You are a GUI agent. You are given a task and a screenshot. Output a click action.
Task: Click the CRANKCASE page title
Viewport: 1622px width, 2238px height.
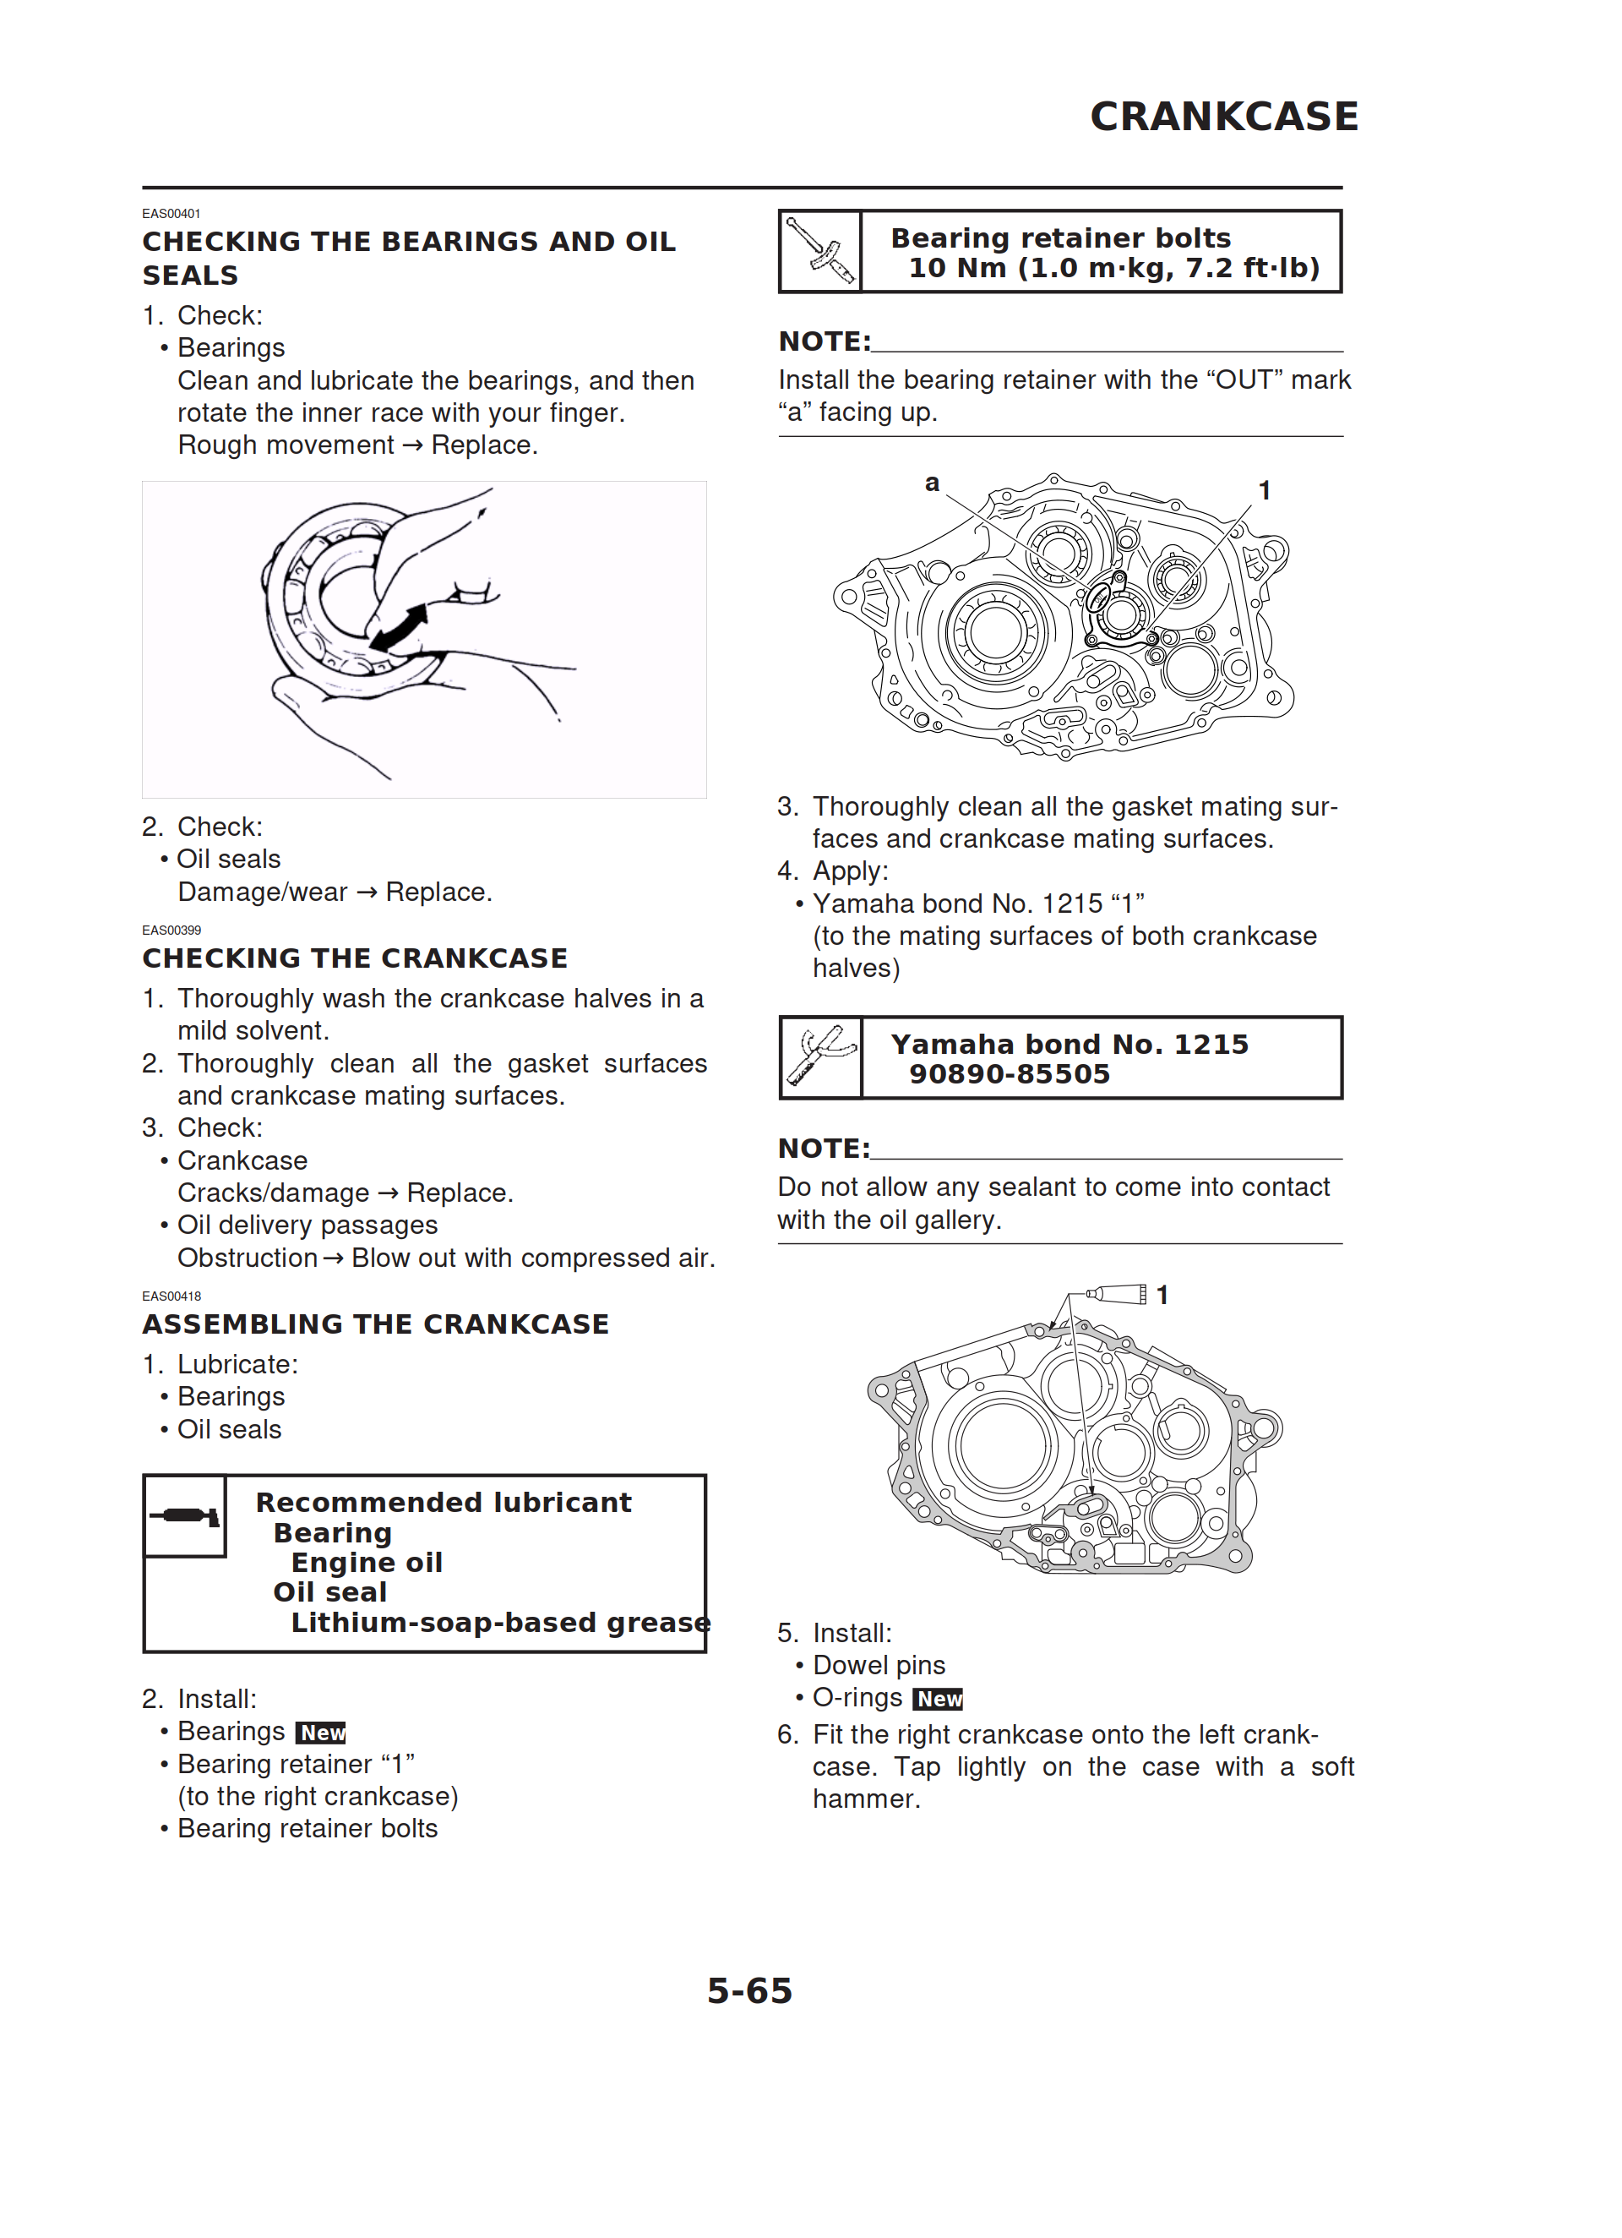pos(1223,117)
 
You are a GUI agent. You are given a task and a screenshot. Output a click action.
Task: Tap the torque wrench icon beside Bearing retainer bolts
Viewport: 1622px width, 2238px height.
pos(820,252)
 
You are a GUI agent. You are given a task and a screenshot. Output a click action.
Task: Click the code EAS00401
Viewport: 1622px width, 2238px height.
pos(171,213)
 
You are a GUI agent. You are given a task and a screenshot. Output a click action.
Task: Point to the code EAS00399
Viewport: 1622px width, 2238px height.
pos(171,930)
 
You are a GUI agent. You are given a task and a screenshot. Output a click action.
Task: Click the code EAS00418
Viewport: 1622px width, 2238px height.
pos(171,1296)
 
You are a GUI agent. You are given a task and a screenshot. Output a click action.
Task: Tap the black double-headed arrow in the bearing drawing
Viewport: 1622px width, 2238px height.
pos(400,629)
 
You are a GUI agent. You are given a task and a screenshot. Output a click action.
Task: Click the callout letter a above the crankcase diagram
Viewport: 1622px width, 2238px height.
pos(931,483)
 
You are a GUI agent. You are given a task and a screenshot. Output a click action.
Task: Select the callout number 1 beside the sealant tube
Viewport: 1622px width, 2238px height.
pos(1162,1295)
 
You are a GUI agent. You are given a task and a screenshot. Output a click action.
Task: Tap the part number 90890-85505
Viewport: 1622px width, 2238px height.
pos(1010,1073)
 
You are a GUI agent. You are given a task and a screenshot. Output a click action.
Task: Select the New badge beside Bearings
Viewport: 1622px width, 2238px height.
pos(321,1732)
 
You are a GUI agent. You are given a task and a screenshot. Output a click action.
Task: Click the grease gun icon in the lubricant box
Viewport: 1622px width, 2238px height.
pos(184,1515)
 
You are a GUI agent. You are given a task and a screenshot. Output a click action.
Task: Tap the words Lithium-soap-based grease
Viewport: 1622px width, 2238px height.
pos(500,1624)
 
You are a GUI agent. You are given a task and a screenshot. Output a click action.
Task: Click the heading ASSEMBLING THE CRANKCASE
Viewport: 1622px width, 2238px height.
pos(375,1324)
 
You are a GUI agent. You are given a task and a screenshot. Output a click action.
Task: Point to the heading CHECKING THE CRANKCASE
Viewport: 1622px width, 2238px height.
pos(354,958)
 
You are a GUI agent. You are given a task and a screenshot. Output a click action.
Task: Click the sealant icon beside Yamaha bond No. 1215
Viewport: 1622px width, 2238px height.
pos(821,1056)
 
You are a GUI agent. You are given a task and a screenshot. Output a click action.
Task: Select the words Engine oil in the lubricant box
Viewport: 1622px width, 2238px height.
pos(366,1562)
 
